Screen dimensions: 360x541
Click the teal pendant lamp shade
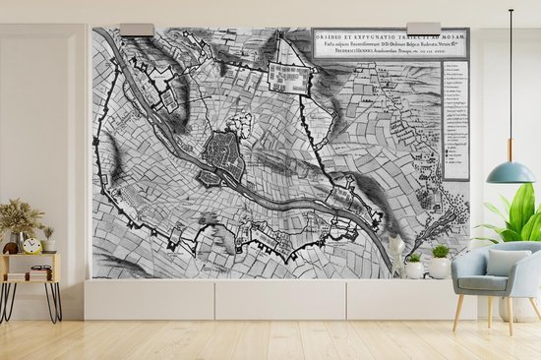point(511,172)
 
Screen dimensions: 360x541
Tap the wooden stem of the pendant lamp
point(511,150)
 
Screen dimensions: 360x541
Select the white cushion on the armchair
point(508,263)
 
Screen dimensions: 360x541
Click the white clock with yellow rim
point(31,245)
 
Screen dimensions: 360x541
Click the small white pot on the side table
point(47,244)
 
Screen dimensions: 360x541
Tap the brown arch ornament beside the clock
point(11,248)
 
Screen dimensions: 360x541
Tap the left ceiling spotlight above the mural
point(137,30)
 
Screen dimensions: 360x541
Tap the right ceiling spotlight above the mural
point(423,29)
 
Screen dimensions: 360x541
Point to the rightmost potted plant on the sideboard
point(440,263)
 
